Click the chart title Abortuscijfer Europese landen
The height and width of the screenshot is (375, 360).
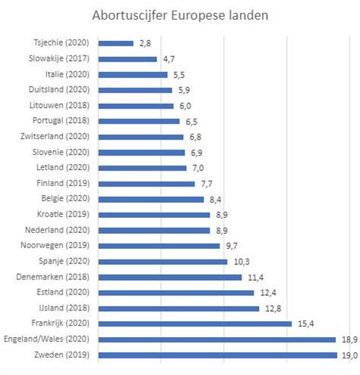point(179,15)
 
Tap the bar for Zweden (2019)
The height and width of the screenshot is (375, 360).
point(217,355)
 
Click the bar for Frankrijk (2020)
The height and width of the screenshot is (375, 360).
point(194,323)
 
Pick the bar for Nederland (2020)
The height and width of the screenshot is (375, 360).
point(154,230)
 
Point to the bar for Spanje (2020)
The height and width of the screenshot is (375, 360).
point(163,261)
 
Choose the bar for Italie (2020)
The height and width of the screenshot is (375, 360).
point(132,74)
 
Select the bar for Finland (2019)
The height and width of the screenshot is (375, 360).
point(147,183)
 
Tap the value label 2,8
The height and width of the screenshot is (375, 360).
point(146,43)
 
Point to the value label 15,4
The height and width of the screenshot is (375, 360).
point(305,323)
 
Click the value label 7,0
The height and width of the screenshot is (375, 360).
point(199,168)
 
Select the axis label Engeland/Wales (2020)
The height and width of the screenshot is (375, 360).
point(48,339)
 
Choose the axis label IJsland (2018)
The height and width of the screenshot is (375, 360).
point(67,308)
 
